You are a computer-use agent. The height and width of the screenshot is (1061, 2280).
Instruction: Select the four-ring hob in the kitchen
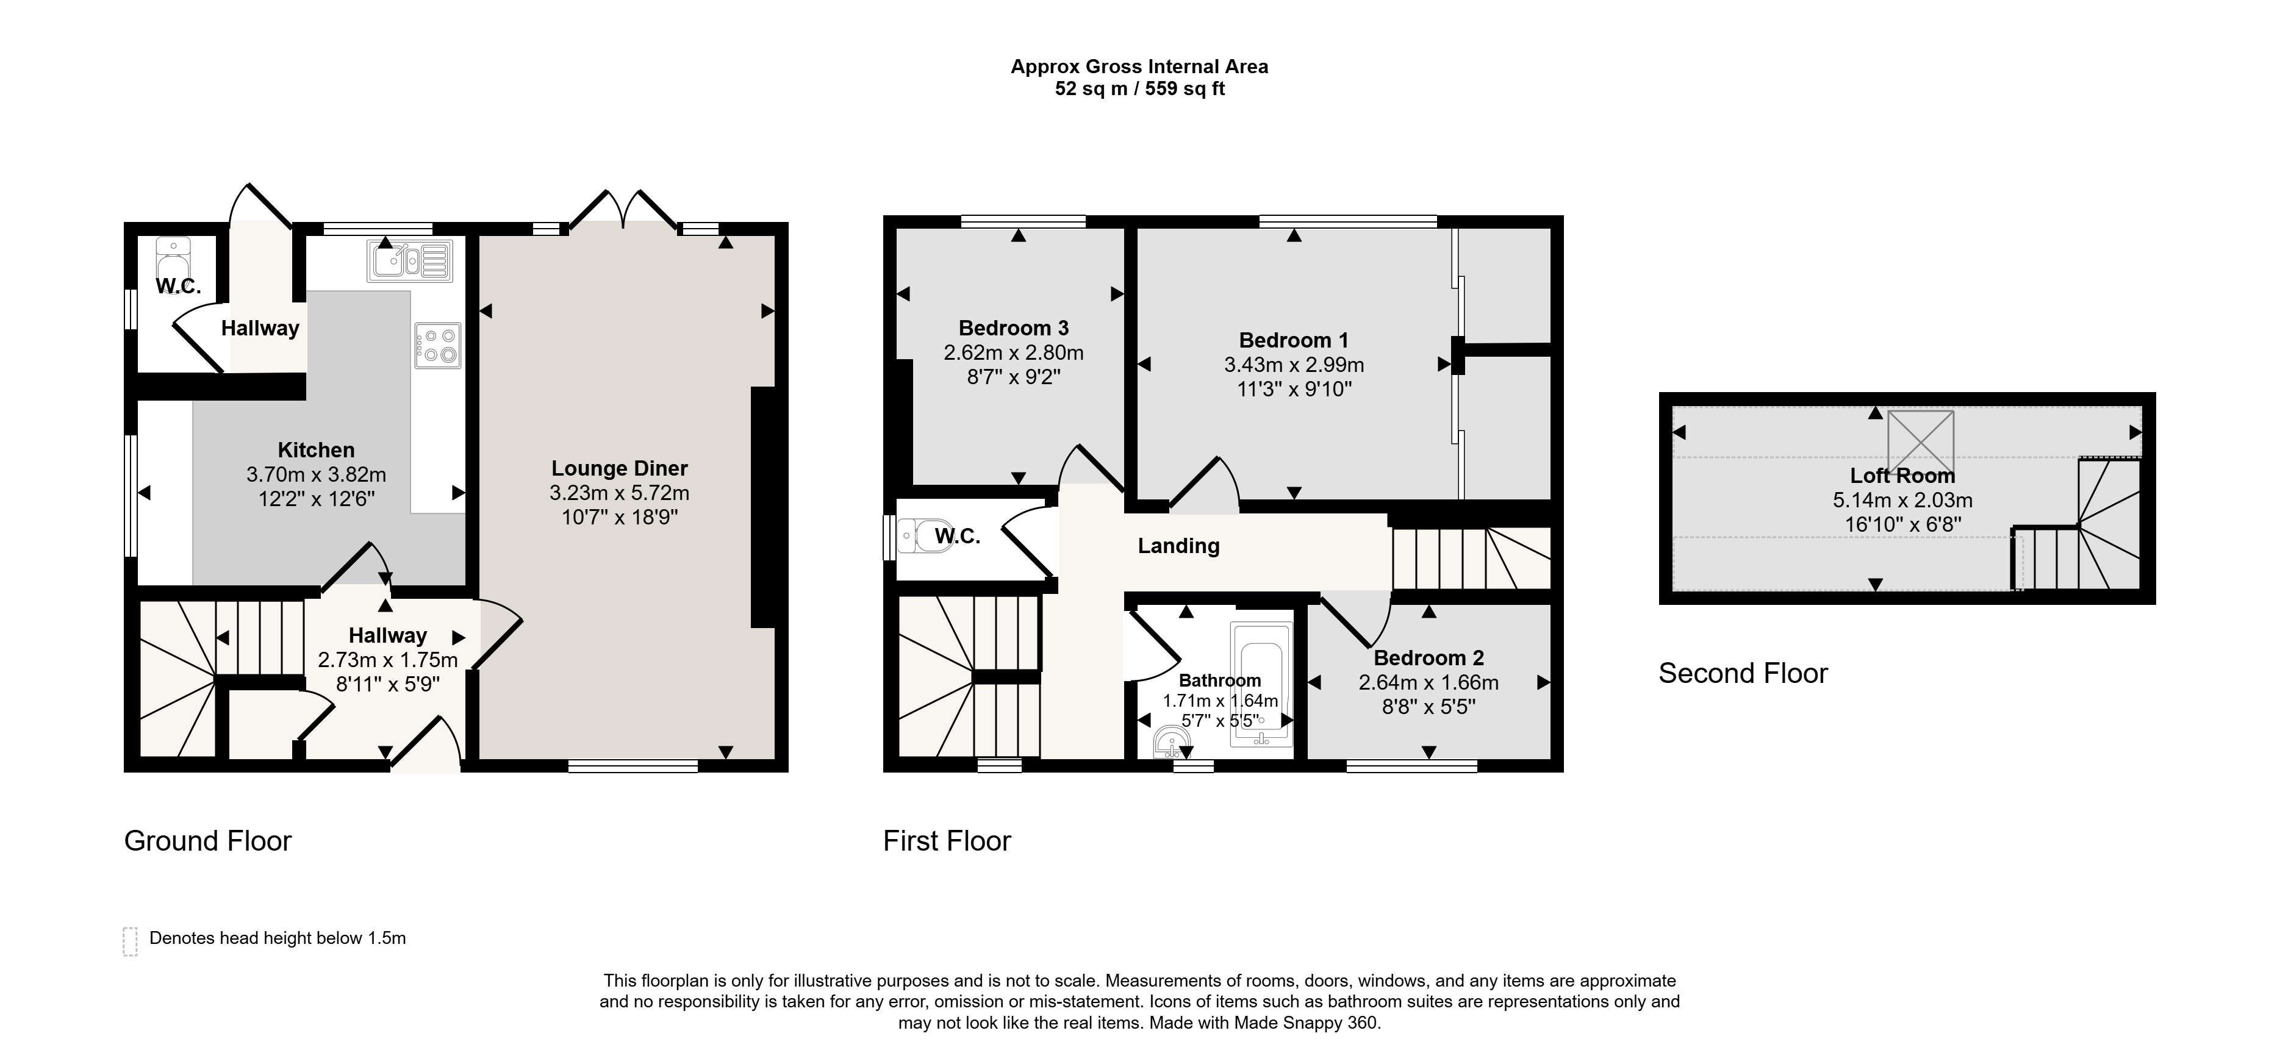[x=437, y=345]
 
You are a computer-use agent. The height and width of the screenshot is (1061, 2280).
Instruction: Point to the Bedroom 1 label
[x=1293, y=340]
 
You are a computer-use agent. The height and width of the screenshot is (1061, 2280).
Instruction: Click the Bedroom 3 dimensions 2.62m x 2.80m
[x=1013, y=352]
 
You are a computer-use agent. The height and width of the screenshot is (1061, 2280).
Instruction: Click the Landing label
[x=1178, y=546]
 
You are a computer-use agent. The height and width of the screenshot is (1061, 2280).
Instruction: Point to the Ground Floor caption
[x=208, y=841]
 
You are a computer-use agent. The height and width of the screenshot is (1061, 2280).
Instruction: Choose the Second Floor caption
[x=1743, y=673]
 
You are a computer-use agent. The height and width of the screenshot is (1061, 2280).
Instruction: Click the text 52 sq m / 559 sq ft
[x=1139, y=88]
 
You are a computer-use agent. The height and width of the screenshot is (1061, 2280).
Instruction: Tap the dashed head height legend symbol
[x=130, y=941]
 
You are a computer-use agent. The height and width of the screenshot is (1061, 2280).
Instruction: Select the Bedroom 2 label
[x=1429, y=657]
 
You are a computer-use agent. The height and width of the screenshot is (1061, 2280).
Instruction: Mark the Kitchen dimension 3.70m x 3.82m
[x=316, y=474]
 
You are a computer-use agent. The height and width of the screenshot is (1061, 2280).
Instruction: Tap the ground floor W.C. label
[x=179, y=286]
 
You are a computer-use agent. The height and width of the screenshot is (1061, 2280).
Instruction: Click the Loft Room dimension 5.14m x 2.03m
[x=1902, y=500]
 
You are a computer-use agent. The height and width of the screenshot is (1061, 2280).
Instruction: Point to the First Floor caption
[x=947, y=841]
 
